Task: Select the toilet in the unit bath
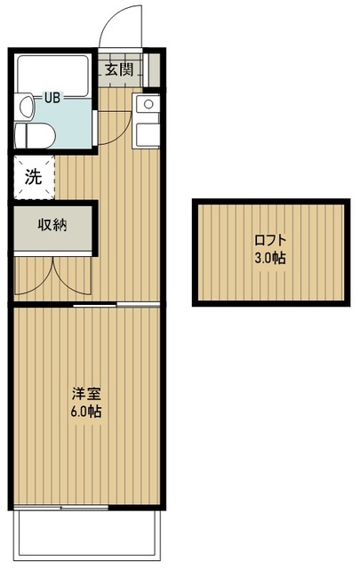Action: pyautogui.click(x=32, y=135)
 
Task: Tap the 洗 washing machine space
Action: pyautogui.click(x=33, y=176)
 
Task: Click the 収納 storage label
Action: pyautogui.click(x=52, y=223)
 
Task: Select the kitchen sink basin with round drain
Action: pyautogui.click(x=146, y=105)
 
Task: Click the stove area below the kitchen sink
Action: pyautogui.click(x=146, y=133)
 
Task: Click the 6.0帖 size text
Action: pyautogui.click(x=86, y=412)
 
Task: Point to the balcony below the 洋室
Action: pyautogui.click(x=86, y=533)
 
